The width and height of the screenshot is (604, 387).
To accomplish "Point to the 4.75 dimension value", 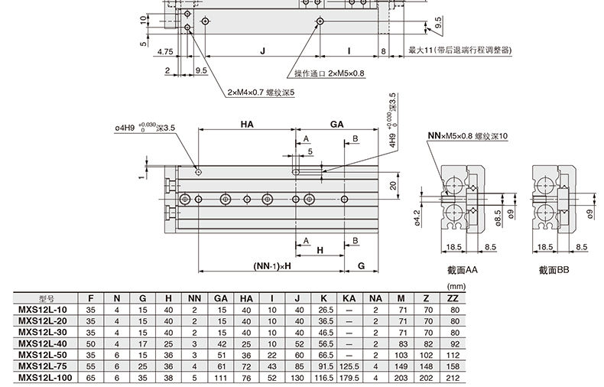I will [164, 53].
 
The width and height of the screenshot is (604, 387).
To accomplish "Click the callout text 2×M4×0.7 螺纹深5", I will [261, 93].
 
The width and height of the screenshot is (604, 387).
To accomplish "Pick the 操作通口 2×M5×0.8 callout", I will [330, 73].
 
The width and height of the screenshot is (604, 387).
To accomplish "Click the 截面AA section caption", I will [463, 270].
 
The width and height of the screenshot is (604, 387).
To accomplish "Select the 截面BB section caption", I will [554, 270].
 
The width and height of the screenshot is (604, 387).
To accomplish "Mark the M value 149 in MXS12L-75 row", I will [401, 366].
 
